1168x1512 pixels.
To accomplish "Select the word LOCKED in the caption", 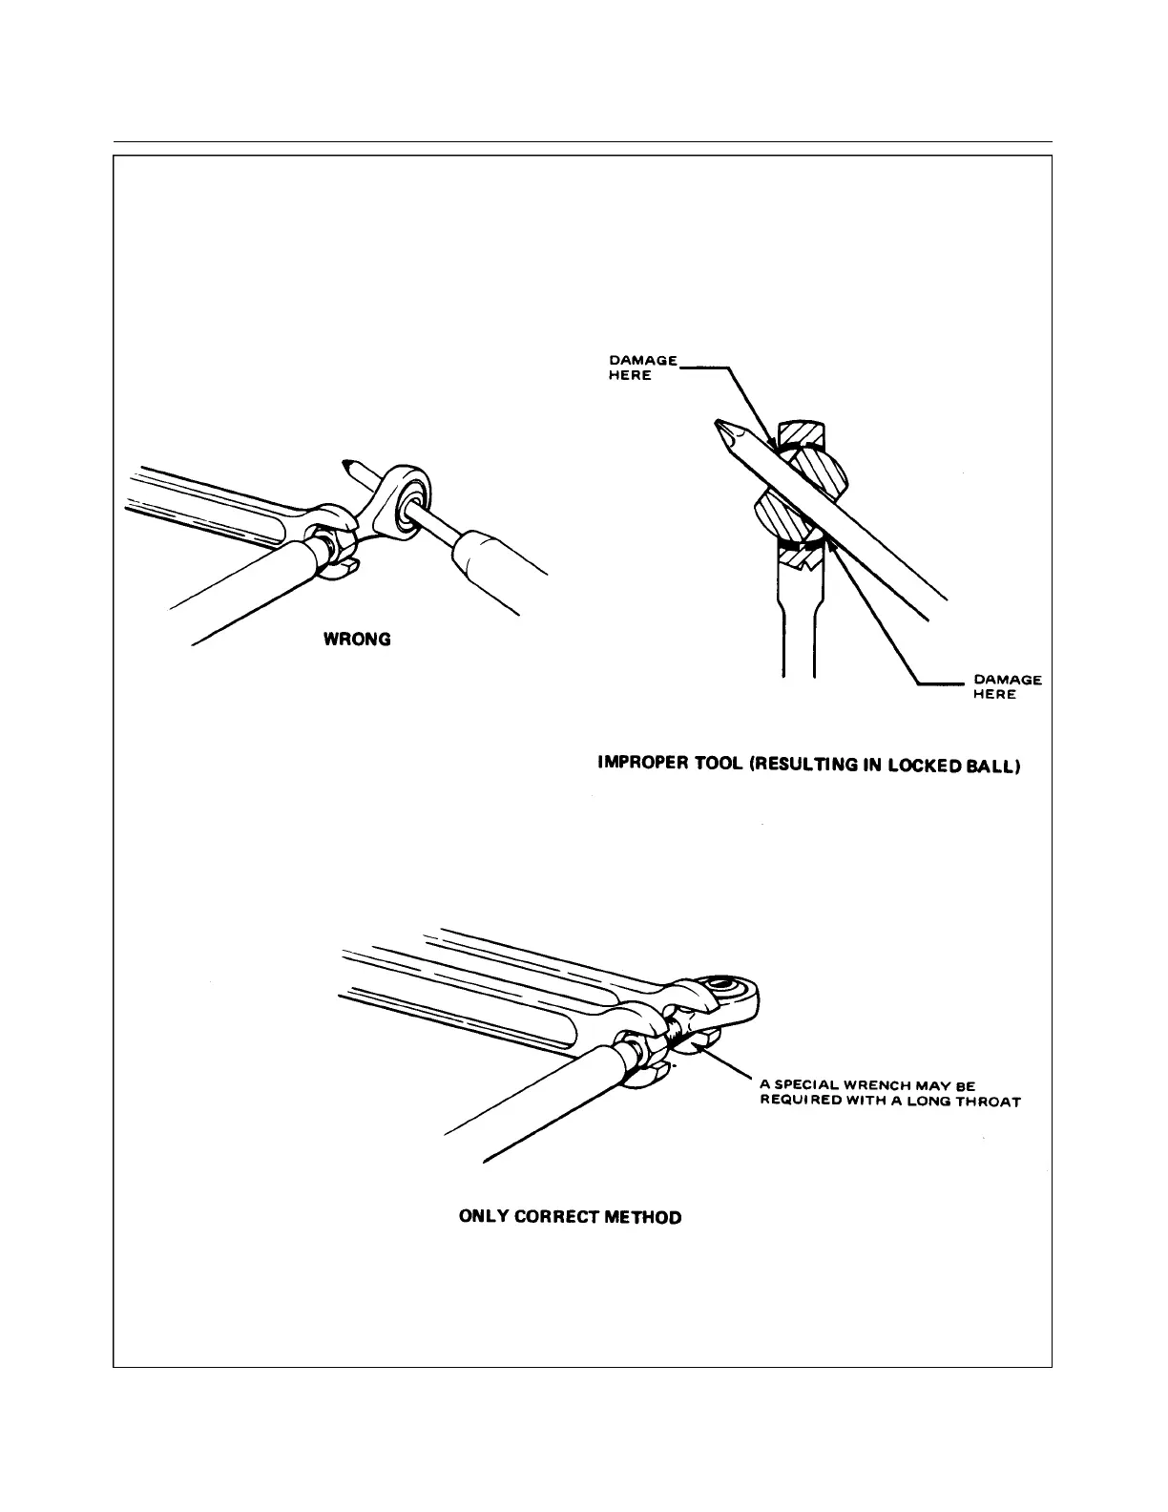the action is click(x=922, y=765).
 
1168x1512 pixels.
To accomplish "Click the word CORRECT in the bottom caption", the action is click(x=557, y=1217).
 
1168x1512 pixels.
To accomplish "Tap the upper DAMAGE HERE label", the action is click(x=642, y=367).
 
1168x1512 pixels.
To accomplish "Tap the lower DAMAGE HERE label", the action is click(x=1006, y=686).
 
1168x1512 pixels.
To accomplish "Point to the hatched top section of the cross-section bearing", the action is click(x=806, y=435).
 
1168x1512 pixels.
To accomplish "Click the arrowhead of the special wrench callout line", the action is click(x=699, y=1045).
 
